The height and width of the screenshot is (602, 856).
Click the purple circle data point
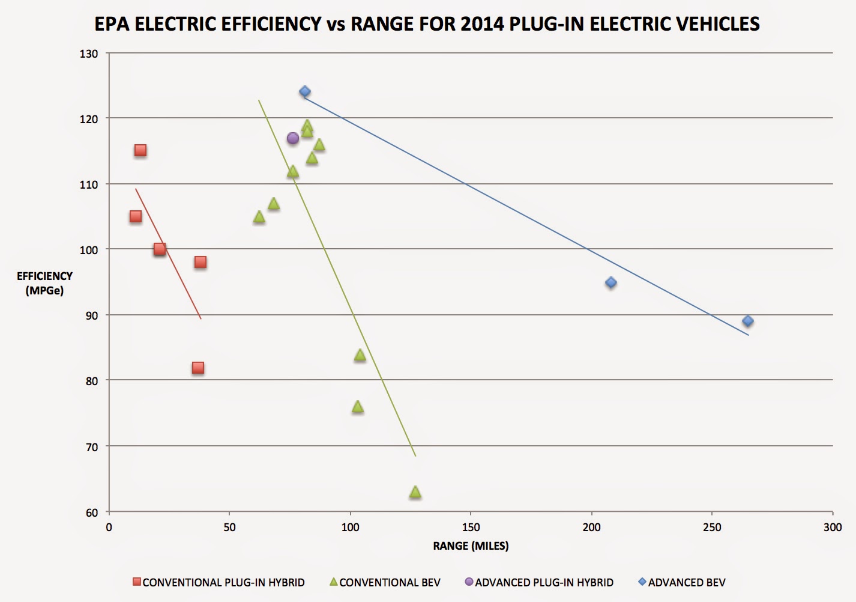click(293, 138)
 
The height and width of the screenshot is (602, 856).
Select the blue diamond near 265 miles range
click(748, 321)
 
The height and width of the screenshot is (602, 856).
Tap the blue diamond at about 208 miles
click(611, 282)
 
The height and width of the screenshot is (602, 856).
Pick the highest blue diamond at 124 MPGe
click(305, 92)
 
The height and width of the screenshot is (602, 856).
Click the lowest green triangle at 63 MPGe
click(415, 493)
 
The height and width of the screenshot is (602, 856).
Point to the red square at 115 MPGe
click(140, 150)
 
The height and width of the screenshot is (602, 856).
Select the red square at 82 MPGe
click(198, 368)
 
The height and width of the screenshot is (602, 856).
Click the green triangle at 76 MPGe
click(358, 407)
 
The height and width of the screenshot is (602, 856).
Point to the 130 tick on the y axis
click(89, 54)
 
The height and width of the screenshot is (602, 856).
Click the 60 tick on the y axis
click(91, 512)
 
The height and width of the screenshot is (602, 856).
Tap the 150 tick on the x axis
click(471, 528)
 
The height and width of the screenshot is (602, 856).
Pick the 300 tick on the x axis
click(833, 528)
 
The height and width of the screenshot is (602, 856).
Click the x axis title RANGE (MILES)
click(471, 546)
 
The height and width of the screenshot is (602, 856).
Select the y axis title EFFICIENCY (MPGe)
click(44, 283)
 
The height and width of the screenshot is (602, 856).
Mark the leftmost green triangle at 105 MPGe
click(259, 217)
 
